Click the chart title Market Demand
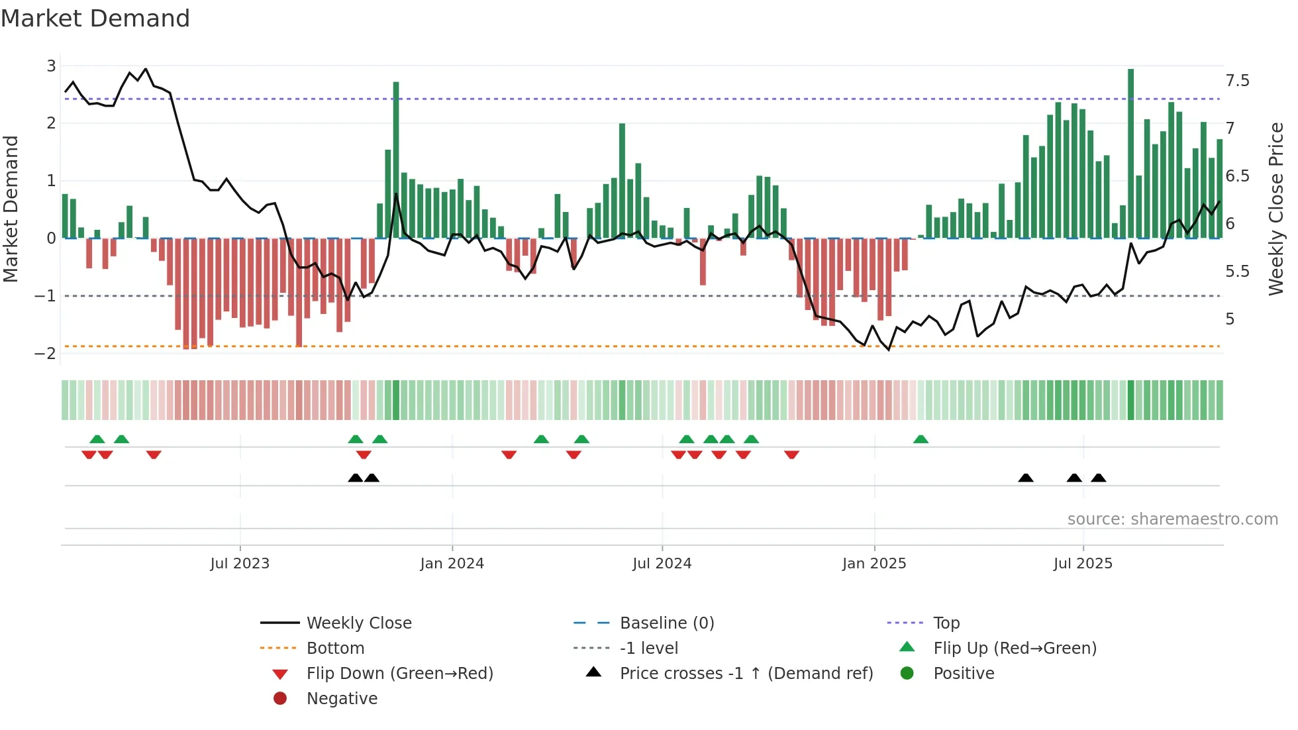(x=95, y=19)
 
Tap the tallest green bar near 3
(x=1130, y=152)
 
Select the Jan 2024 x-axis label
(x=452, y=564)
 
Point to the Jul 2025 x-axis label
(x=1083, y=564)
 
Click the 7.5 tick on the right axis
(x=1236, y=81)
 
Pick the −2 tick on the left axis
(x=46, y=353)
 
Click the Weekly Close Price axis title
(x=1275, y=209)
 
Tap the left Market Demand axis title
(x=11, y=209)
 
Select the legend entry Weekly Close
(x=358, y=623)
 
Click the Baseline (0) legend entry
(x=666, y=623)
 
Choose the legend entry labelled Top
(x=946, y=623)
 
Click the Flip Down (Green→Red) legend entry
(x=399, y=674)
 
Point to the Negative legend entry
(x=342, y=699)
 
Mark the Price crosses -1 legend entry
(x=746, y=674)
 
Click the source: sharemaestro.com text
(x=1172, y=519)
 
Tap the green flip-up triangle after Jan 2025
(x=921, y=439)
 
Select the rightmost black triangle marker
(x=1098, y=478)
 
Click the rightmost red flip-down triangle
(x=791, y=454)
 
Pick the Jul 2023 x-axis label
(x=240, y=564)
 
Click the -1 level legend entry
(x=648, y=649)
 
